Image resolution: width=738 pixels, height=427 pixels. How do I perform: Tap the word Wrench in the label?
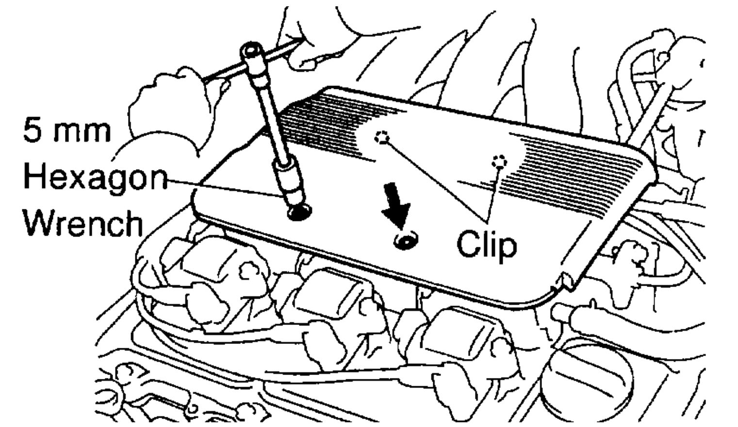click(82, 223)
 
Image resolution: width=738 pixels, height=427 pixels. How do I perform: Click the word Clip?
click(487, 244)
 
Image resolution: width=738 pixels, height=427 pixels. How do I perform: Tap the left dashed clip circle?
click(382, 137)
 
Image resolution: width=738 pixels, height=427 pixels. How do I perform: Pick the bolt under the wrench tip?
click(299, 211)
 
